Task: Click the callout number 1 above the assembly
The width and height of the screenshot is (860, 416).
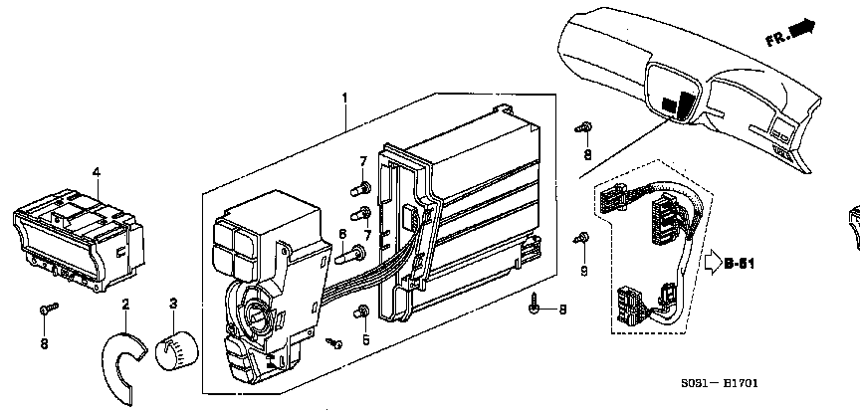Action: click(345, 99)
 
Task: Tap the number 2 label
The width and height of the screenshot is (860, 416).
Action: click(125, 305)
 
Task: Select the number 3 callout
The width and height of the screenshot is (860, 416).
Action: click(173, 304)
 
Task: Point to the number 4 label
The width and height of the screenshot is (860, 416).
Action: click(96, 172)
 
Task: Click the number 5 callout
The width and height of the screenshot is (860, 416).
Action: click(365, 339)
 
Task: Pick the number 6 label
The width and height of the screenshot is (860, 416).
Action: click(342, 234)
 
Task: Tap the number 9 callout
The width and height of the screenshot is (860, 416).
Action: click(584, 271)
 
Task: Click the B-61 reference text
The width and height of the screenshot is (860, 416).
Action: click(739, 264)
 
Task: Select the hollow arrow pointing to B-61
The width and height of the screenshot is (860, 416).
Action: click(713, 264)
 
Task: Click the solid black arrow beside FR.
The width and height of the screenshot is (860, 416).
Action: click(803, 28)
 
